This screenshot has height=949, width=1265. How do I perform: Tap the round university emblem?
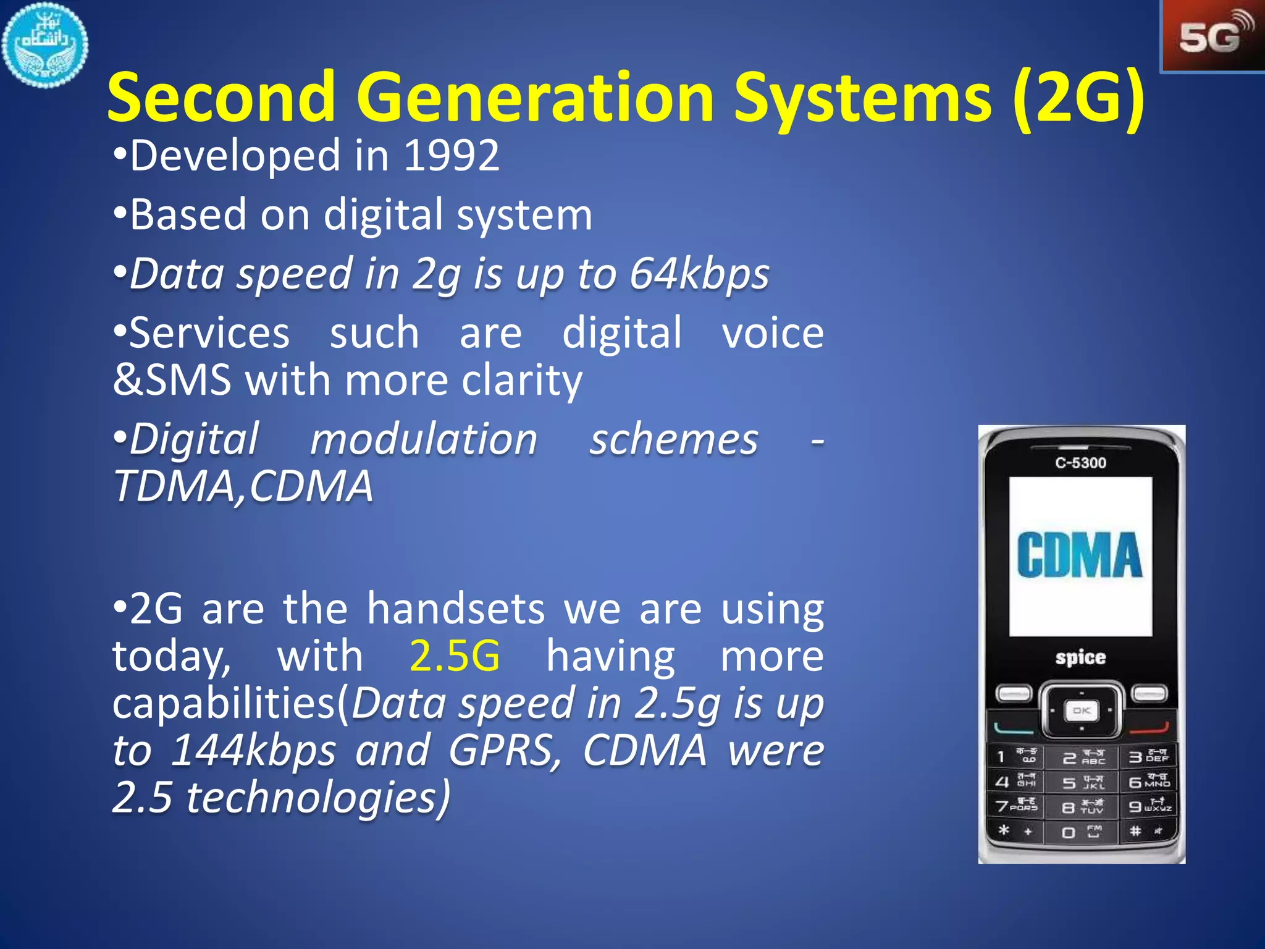[44, 44]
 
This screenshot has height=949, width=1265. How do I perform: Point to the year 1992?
[452, 156]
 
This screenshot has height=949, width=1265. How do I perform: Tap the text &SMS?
[172, 380]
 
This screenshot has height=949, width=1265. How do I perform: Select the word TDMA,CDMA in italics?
[244, 487]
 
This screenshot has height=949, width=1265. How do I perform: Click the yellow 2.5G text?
[455, 656]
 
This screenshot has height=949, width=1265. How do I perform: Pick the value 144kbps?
[253, 751]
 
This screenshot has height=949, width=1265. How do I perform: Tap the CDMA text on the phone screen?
[1080, 555]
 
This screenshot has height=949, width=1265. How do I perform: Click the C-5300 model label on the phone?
[1080, 463]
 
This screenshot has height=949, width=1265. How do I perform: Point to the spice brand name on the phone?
[1080, 657]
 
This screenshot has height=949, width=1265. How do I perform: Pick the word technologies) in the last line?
[318, 798]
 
